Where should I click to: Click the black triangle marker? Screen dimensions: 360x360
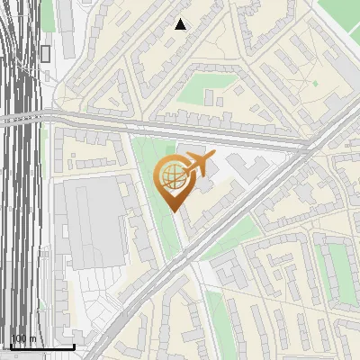tap(181, 24)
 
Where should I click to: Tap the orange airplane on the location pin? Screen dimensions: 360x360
tap(199, 164)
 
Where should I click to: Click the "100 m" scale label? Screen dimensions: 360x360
tap(23, 338)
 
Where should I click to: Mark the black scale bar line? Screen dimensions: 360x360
tap(41, 346)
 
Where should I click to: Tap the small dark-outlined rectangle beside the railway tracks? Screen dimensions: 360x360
tap(45, 53)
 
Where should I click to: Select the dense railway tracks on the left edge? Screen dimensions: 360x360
tap(18, 180)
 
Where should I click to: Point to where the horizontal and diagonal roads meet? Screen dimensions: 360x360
tap(310, 144)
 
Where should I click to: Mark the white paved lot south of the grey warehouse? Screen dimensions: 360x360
tap(94, 297)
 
